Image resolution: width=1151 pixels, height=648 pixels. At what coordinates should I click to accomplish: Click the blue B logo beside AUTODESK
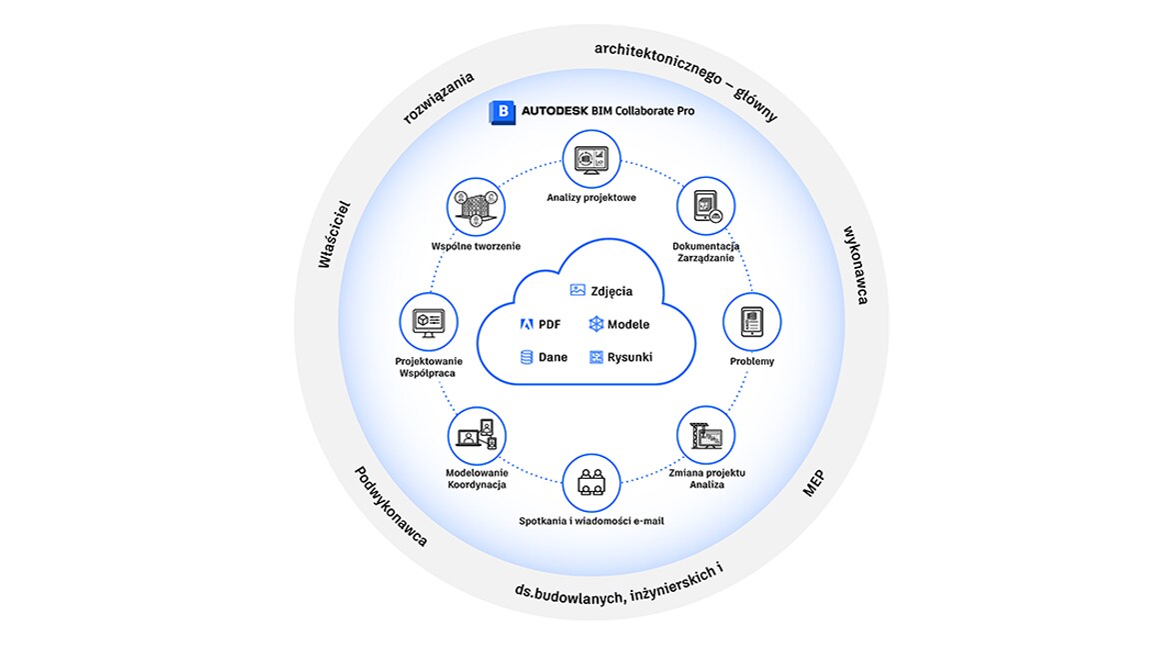pyautogui.click(x=503, y=112)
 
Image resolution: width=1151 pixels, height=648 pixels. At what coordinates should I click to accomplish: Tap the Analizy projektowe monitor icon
pyautogui.click(x=590, y=159)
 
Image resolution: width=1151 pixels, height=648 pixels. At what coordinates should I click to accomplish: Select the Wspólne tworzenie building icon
pyautogui.click(x=477, y=207)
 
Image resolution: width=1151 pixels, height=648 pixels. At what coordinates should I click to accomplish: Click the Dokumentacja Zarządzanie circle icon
pyautogui.click(x=705, y=206)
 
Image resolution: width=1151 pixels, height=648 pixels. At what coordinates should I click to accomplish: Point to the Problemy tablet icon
pyautogui.click(x=751, y=322)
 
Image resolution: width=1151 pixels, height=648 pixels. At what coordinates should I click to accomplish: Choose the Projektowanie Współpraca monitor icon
pyautogui.click(x=429, y=322)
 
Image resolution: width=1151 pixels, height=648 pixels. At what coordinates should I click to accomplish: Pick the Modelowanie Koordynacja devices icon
pyautogui.click(x=478, y=436)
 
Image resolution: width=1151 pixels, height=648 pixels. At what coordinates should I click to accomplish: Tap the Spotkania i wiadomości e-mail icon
pyautogui.click(x=590, y=483)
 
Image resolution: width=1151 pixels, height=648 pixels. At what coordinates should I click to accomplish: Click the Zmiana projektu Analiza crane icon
pyautogui.click(x=706, y=436)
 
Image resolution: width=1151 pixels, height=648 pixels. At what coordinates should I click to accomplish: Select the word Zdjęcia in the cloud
pyautogui.click(x=611, y=291)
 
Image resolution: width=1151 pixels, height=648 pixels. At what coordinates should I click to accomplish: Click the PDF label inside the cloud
pyautogui.click(x=550, y=324)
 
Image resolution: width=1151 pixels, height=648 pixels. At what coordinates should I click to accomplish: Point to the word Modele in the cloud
pyautogui.click(x=628, y=324)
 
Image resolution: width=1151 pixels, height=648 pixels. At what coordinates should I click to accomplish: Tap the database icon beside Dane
pyautogui.click(x=527, y=357)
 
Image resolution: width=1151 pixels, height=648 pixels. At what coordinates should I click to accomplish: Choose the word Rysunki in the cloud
pyautogui.click(x=629, y=357)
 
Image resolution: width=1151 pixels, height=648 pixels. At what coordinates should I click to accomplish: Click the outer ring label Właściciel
pyautogui.click(x=334, y=234)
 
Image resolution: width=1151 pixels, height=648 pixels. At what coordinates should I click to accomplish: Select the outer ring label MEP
pyautogui.click(x=813, y=483)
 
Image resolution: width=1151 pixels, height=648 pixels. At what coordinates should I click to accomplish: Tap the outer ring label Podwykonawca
pyautogui.click(x=392, y=506)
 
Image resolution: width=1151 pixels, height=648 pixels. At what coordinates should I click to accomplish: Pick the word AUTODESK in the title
pyautogui.click(x=555, y=111)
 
